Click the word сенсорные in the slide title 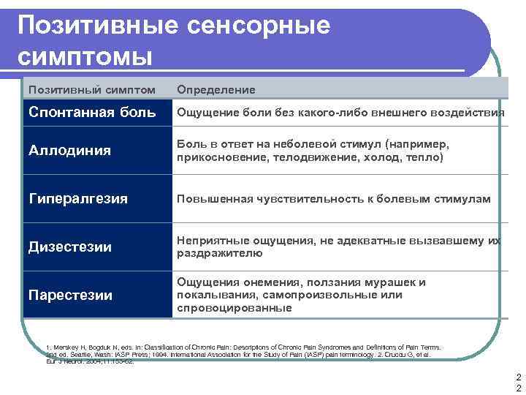coord(259,25)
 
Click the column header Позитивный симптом coord(91,89)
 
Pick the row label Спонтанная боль coord(91,113)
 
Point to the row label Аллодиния coord(69,151)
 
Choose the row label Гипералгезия coord(77,199)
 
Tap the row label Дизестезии coord(69,247)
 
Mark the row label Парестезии coord(70,296)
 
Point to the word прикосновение coord(216,157)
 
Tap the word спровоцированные coord(234,308)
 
